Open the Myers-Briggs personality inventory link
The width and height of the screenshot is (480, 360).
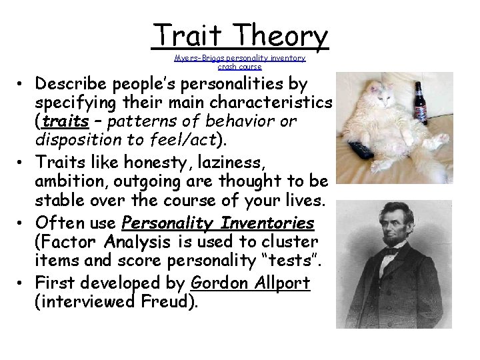pos(240,58)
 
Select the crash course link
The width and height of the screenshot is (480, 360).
pos(240,67)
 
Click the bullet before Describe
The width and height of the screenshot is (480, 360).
pos(23,85)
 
